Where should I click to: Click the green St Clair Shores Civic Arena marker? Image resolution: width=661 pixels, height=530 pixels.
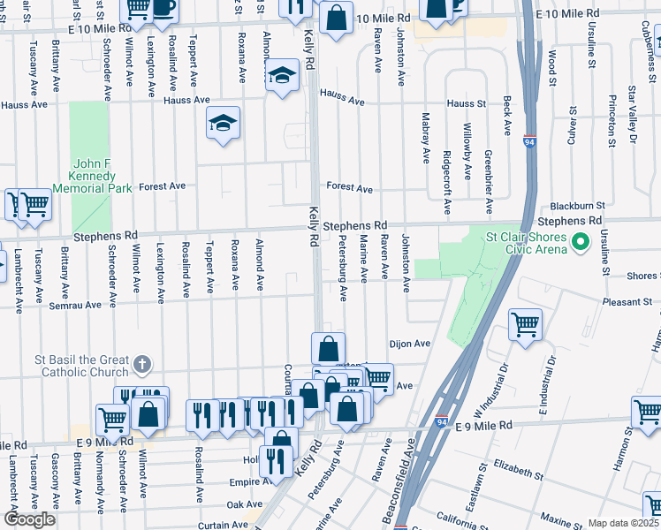(581, 241)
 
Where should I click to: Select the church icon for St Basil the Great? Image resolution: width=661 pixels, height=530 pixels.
(141, 364)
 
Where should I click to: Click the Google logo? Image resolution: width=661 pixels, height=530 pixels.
(30, 519)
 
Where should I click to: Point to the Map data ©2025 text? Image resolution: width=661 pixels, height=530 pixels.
(623, 523)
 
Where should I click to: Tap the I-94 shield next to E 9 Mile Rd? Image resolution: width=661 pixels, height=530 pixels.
(441, 421)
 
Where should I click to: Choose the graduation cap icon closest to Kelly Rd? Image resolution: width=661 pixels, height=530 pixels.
(283, 78)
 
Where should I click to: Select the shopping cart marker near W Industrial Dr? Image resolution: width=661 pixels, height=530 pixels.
(525, 324)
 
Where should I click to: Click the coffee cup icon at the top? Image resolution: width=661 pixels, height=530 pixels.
(163, 7)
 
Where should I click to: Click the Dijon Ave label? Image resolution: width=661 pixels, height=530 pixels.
(409, 344)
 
